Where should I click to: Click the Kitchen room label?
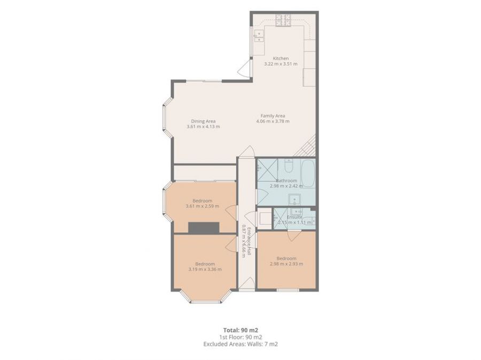tap(281, 58)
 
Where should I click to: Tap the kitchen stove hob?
tap(282, 20)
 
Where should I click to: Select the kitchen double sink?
tap(259, 36)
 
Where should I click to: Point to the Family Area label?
tap(273, 115)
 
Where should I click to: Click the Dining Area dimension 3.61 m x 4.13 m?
tap(203, 127)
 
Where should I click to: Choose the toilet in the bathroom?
tap(288, 167)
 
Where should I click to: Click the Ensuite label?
tap(294, 217)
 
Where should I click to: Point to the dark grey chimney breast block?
tap(204, 227)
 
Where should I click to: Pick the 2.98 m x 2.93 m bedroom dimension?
tap(286, 264)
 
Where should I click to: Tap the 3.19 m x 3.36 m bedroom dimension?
tap(205, 269)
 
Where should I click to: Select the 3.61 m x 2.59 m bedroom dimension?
tap(202, 206)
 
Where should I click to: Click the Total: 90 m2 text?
tap(241, 330)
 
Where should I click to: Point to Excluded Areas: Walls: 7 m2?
tap(241, 344)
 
